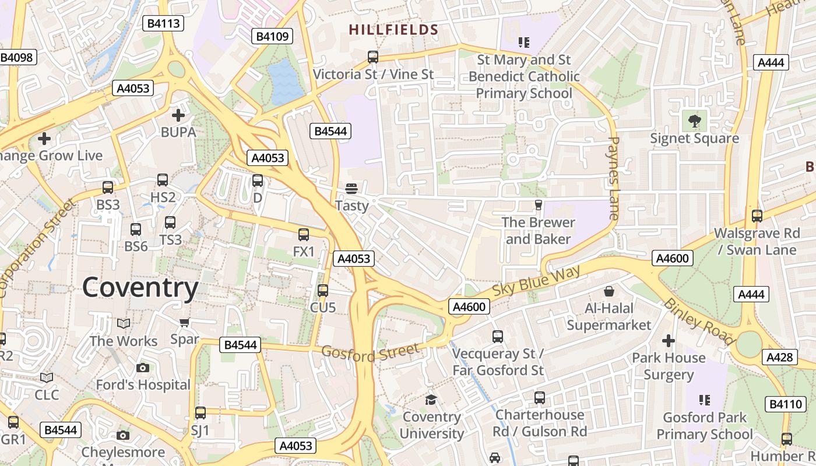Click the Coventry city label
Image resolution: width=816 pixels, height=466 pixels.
(x=140, y=288)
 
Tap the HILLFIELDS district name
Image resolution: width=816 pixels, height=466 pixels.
(x=393, y=30)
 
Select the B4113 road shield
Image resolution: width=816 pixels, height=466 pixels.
(x=164, y=23)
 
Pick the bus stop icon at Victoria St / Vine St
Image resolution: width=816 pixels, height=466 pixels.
(x=373, y=57)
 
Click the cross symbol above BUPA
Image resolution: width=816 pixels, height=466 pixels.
(x=178, y=115)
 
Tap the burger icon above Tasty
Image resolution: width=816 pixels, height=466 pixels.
(x=351, y=188)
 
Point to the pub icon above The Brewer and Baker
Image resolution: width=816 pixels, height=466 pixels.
(x=539, y=205)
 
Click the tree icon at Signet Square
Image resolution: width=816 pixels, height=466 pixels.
(x=694, y=121)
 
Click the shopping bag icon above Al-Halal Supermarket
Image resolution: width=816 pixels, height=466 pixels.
(x=609, y=291)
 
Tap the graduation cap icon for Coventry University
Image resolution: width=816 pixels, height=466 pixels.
(x=431, y=400)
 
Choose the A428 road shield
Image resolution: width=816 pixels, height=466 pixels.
(x=780, y=357)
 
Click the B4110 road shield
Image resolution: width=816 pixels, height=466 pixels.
(x=785, y=404)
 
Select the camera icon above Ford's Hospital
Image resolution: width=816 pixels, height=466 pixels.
(x=143, y=368)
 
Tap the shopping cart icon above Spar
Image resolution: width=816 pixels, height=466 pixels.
(x=185, y=322)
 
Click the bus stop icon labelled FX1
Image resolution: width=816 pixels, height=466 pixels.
(x=304, y=235)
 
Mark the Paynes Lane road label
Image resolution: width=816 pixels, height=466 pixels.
(x=613, y=178)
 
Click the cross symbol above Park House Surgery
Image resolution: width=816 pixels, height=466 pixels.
(x=669, y=340)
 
